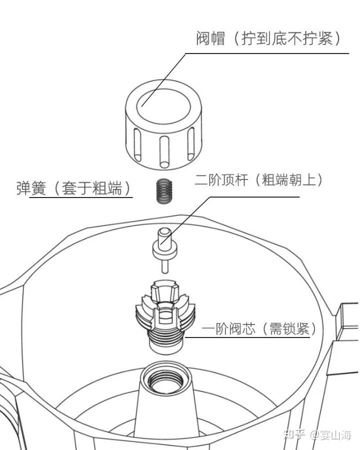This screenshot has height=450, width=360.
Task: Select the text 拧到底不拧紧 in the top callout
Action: tap(287, 38)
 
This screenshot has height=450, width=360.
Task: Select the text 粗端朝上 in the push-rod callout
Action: tap(289, 180)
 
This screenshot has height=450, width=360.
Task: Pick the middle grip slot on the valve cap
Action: tap(164, 151)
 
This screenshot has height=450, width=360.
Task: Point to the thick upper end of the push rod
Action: tap(164, 236)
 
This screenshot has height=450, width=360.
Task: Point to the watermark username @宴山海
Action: tap(330, 434)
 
